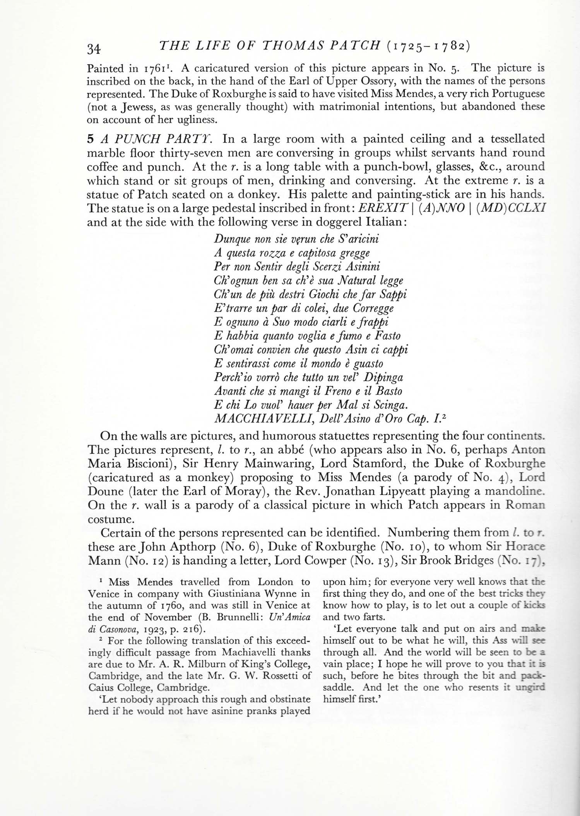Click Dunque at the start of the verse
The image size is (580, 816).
pyautogui.click(x=229, y=239)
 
